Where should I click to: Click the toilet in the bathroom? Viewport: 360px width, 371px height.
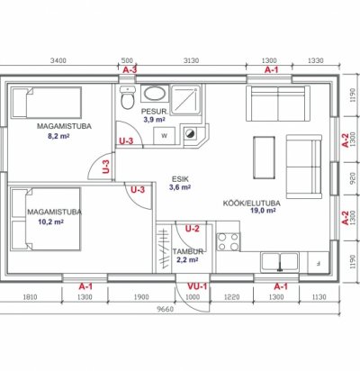pyautogui.click(x=127, y=97)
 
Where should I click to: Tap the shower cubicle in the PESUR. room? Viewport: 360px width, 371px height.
pyautogui.click(x=185, y=100)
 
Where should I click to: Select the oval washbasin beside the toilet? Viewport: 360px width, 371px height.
pyautogui.click(x=154, y=94)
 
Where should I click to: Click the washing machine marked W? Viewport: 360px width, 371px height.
pyautogui.click(x=164, y=136)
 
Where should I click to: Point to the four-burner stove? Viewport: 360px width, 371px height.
pyautogui.click(x=228, y=241)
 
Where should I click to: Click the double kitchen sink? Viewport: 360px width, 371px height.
pyautogui.click(x=280, y=262)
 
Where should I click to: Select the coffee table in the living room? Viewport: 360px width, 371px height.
pyautogui.click(x=264, y=158)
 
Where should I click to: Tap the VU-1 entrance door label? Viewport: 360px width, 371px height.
pyautogui.click(x=197, y=286)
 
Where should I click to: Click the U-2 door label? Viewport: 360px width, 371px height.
pyautogui.click(x=193, y=229)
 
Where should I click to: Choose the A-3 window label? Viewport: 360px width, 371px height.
pyautogui.click(x=130, y=70)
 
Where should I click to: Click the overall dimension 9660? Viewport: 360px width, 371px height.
pyautogui.click(x=166, y=309)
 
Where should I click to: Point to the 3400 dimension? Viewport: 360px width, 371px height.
pyautogui.click(x=58, y=60)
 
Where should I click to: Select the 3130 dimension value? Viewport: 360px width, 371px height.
pyautogui.click(x=191, y=60)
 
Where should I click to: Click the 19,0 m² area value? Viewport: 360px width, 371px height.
pyautogui.click(x=263, y=211)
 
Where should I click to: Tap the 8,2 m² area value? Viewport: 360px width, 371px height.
pyautogui.click(x=58, y=136)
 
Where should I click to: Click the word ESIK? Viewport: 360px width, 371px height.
pyautogui.click(x=180, y=179)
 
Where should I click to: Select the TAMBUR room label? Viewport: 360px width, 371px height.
pyautogui.click(x=188, y=251)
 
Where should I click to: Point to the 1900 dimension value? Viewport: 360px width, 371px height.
pyautogui.click(x=141, y=297)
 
